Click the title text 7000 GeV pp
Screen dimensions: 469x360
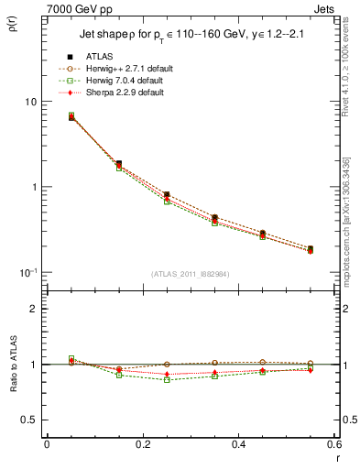click(x=82, y=8)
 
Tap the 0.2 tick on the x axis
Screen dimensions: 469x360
click(x=143, y=445)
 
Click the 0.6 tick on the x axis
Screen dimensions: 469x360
click(x=334, y=445)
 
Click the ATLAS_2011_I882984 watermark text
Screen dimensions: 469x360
click(x=191, y=274)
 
